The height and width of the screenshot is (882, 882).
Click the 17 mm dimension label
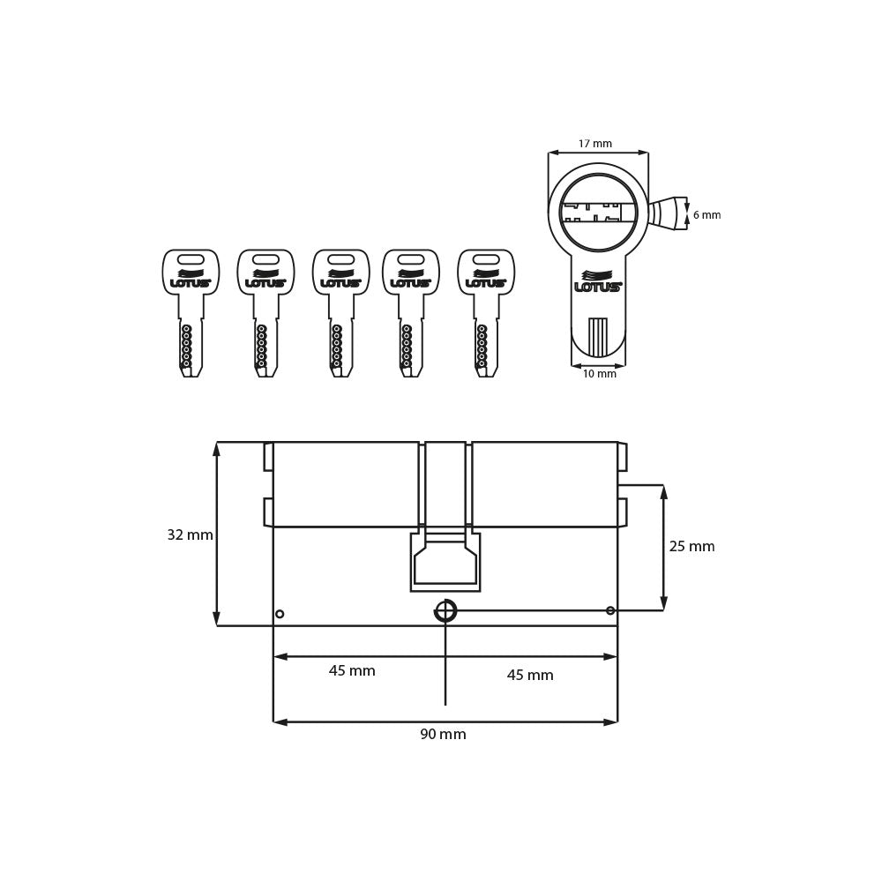pos(594,144)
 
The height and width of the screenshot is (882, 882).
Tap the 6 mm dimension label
pos(706,215)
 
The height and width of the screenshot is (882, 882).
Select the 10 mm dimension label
pos(599,374)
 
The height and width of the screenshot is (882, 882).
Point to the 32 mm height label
pos(190,535)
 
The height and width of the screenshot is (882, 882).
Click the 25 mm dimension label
pos(691,547)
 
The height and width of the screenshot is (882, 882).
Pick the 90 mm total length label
pos(443,735)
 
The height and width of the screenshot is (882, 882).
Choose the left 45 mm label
pos(352,671)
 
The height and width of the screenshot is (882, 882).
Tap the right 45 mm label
pos(530,676)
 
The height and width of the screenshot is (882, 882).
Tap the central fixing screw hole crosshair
pos(445,610)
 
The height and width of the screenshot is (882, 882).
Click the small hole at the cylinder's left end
pos(280,614)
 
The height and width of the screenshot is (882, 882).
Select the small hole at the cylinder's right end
pos(610,610)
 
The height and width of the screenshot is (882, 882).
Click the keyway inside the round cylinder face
pos(598,213)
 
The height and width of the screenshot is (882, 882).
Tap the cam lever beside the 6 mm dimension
pos(667,213)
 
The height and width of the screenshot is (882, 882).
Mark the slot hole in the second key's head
pos(265,259)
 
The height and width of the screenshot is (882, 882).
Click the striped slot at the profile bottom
pos(598,337)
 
